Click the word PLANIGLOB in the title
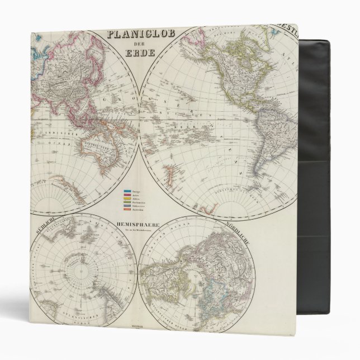point(140,35)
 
